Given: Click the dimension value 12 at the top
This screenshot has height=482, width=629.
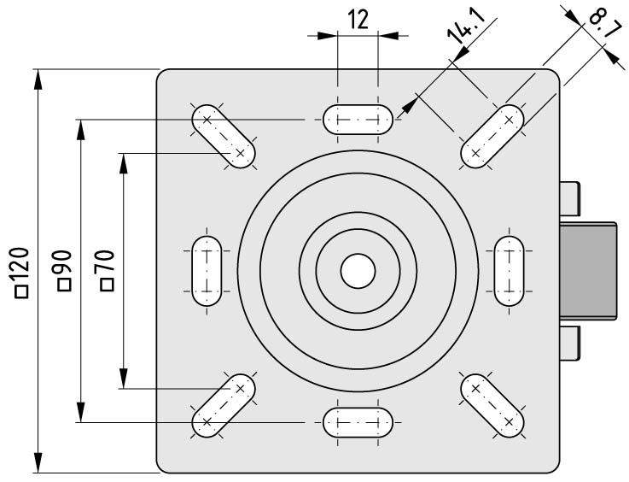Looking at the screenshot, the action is click(x=358, y=20).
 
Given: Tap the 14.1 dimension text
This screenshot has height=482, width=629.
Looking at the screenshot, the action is click(x=466, y=26).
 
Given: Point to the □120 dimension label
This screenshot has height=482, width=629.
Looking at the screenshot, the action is click(x=22, y=273).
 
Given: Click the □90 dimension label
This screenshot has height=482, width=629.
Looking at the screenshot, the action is click(x=65, y=270).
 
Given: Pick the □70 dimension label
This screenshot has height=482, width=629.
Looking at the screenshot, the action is click(x=107, y=270).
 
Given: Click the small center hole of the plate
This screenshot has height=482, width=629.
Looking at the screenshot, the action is click(x=358, y=271).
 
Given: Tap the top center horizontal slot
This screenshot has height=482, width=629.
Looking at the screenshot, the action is click(x=358, y=120).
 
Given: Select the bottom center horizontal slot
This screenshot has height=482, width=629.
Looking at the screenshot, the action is click(x=358, y=422).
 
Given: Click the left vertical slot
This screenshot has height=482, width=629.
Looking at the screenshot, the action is click(x=207, y=271).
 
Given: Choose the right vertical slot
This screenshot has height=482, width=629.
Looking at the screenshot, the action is click(x=509, y=271).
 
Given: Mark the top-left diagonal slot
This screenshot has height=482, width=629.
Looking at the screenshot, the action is click(x=224, y=136).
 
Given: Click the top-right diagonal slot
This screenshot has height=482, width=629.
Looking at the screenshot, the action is click(x=492, y=136).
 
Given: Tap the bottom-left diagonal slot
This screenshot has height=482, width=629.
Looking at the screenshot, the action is click(x=224, y=406).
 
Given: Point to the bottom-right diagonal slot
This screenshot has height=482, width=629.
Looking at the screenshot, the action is click(x=492, y=406).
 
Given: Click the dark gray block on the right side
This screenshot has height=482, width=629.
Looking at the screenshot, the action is click(x=588, y=271).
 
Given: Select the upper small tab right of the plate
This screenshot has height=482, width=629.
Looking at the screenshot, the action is click(x=569, y=198).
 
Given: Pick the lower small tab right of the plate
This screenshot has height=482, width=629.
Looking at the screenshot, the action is click(x=569, y=343).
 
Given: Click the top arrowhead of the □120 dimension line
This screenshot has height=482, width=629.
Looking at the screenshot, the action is click(x=38, y=79).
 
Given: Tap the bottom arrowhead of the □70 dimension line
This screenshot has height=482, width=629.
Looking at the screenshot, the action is click(x=124, y=379).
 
